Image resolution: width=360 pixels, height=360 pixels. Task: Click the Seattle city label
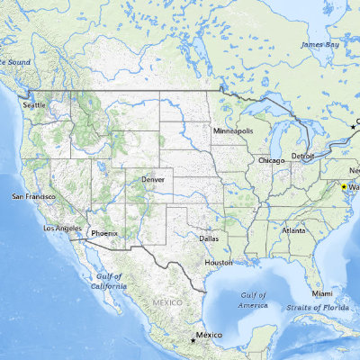click(33, 105)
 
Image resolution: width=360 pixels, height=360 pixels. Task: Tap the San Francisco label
click(32, 196)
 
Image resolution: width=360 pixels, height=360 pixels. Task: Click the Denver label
click(153, 180)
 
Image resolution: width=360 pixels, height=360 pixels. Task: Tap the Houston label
click(219, 262)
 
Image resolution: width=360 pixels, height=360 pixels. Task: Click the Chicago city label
click(271, 160)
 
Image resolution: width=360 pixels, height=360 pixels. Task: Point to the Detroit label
click(302, 156)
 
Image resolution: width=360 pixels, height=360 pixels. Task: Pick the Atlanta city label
click(293, 230)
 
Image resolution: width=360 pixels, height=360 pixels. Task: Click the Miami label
click(323, 294)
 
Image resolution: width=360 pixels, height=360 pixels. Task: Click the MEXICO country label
click(168, 302)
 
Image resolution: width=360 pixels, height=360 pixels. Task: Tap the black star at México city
click(192, 340)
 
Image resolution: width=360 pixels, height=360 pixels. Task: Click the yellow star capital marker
click(343, 186)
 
